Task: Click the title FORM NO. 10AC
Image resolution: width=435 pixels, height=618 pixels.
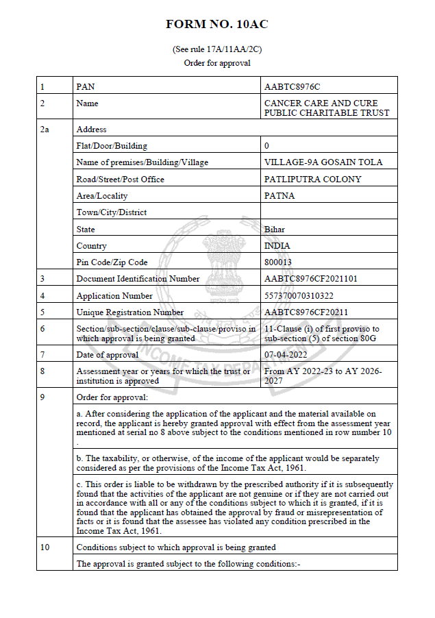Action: [x=217, y=25]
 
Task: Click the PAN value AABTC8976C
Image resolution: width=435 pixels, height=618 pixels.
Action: [x=292, y=87]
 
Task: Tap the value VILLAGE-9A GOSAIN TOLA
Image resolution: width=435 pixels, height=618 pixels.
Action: [x=323, y=162]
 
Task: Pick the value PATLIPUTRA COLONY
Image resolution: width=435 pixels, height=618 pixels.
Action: [x=312, y=180]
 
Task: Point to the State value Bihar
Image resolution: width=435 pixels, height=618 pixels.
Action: [x=275, y=230]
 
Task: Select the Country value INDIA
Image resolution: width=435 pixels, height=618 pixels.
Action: [x=277, y=246]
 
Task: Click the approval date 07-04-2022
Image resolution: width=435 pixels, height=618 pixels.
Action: [x=286, y=355]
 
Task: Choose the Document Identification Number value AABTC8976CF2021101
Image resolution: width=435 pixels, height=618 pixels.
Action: [x=310, y=279]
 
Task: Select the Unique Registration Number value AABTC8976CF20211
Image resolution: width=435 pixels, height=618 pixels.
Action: [x=306, y=312]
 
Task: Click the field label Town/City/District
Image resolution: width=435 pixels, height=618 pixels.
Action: [x=111, y=212]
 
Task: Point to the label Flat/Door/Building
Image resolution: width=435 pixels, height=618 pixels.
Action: [x=111, y=146]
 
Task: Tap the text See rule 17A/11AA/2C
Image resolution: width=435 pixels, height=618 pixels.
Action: [x=217, y=49]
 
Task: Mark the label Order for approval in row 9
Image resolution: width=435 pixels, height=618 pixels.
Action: [x=112, y=397]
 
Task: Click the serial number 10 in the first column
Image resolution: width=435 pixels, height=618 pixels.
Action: [x=45, y=547]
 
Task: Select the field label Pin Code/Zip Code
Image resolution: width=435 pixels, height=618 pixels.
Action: [x=112, y=262]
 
